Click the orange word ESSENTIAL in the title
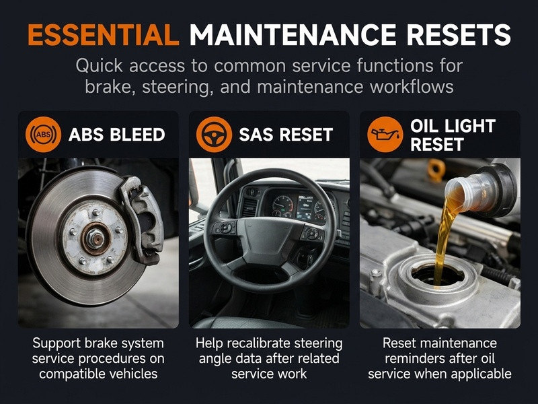coord(104,35)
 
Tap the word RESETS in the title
coord(459,35)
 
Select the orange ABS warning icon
coord(43,134)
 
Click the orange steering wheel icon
coord(214,134)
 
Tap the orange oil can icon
coord(385,134)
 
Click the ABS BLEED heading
coord(117,135)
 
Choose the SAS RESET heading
coord(286,135)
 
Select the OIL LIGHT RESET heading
coord(453,135)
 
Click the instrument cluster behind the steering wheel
coord(299,207)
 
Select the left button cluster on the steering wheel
coord(225,228)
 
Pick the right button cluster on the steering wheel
coord(312,233)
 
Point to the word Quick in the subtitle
coord(99,65)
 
